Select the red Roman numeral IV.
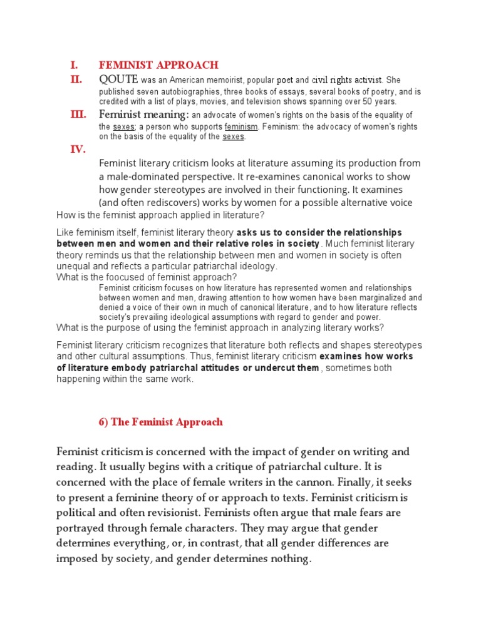[x=77, y=149]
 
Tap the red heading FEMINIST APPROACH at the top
[x=158, y=64]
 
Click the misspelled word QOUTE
[x=118, y=79]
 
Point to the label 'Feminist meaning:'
[x=143, y=114]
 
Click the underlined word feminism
[x=241, y=127]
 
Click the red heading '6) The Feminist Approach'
[x=161, y=422]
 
